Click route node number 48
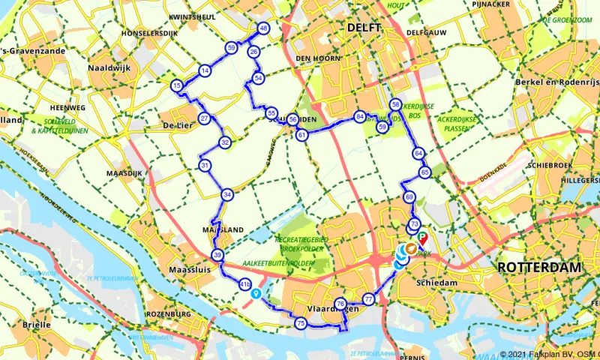[x=263, y=28]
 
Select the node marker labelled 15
[x=176, y=86]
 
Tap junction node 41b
[x=244, y=284]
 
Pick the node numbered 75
[x=301, y=323]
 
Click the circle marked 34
[x=226, y=195]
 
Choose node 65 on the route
[x=425, y=172]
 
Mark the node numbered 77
[x=368, y=299]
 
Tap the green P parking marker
[x=422, y=235]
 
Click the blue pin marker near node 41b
[x=256, y=293]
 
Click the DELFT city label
[x=364, y=27]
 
